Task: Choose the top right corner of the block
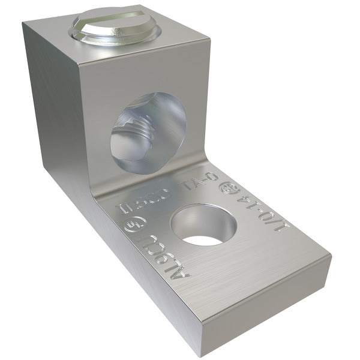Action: pyautogui.click(x=208, y=37)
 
